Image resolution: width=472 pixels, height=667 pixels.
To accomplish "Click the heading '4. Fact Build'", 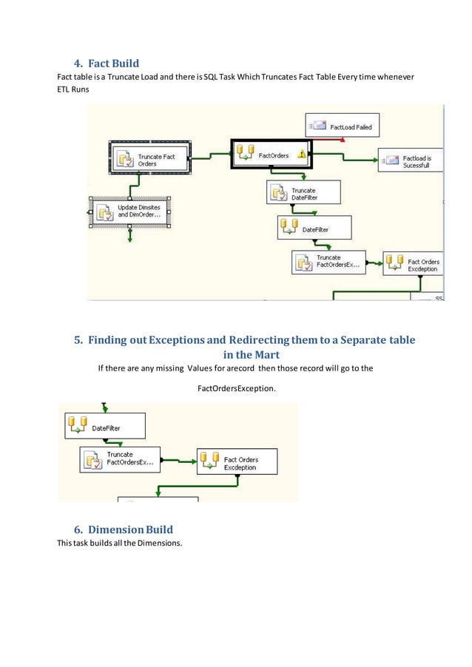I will [108, 62].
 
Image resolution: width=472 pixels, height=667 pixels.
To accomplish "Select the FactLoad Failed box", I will [342, 126].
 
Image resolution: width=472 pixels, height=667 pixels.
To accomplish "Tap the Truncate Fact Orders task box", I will [151, 159].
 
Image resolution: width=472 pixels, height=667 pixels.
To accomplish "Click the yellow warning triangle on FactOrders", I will [302, 155].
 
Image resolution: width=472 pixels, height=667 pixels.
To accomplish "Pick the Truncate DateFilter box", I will [303, 194].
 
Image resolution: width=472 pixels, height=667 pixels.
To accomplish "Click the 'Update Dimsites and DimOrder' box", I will [129, 211].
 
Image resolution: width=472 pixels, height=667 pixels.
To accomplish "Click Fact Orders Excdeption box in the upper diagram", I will [414, 265].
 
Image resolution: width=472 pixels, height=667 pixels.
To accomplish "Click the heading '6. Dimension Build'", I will [124, 529].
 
